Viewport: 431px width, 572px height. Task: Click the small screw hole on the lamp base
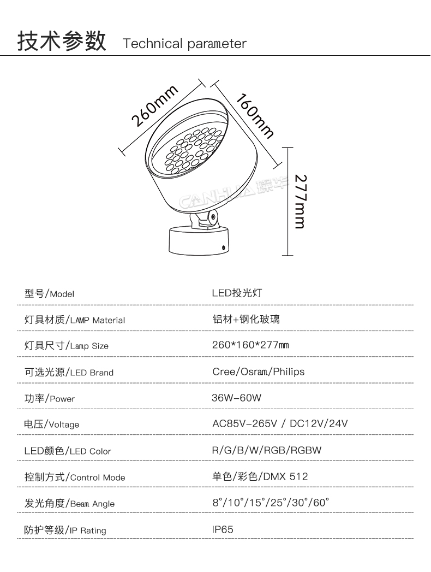click(223, 247)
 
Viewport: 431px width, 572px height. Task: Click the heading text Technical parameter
click(184, 44)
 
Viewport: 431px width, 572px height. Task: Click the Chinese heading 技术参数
click(61, 42)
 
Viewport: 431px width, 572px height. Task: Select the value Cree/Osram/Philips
click(258, 371)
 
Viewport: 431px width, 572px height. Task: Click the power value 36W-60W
click(236, 398)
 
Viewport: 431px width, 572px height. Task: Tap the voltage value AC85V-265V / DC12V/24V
click(279, 424)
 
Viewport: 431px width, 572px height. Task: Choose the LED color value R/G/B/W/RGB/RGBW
click(266, 450)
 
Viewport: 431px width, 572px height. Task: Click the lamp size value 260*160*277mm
click(250, 345)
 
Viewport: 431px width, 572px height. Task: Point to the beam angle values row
click(271, 503)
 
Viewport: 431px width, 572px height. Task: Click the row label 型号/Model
click(49, 293)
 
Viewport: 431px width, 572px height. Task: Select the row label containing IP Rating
click(65, 530)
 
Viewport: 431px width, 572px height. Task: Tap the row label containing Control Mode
click(75, 477)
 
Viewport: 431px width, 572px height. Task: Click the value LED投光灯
click(237, 293)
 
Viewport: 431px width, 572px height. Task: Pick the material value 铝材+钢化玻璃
click(246, 319)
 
